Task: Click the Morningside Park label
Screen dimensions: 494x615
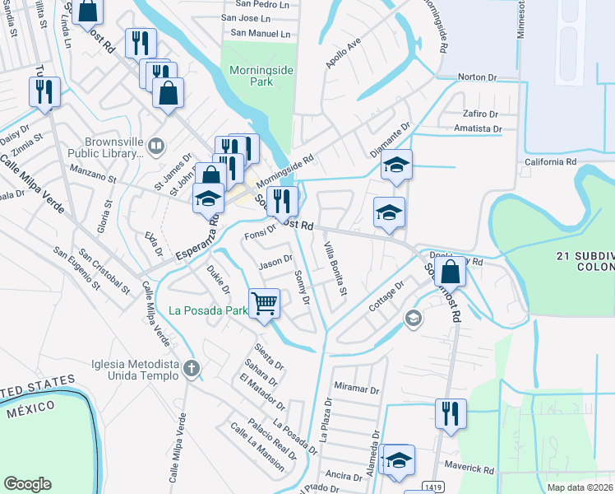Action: pos(261,77)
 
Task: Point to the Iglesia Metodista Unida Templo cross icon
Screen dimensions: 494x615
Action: pos(192,368)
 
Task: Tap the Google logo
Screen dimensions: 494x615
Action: pos(27,484)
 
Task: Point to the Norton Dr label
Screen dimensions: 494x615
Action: pos(478,77)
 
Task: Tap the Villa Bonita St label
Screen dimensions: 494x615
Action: pos(335,270)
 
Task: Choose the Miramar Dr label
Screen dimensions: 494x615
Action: pos(356,388)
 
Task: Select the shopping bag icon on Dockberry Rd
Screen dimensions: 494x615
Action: pos(451,272)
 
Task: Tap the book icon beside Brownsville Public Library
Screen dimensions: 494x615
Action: pos(156,147)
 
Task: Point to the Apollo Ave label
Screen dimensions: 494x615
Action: pos(344,53)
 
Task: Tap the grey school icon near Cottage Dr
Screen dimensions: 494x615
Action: pos(413,318)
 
